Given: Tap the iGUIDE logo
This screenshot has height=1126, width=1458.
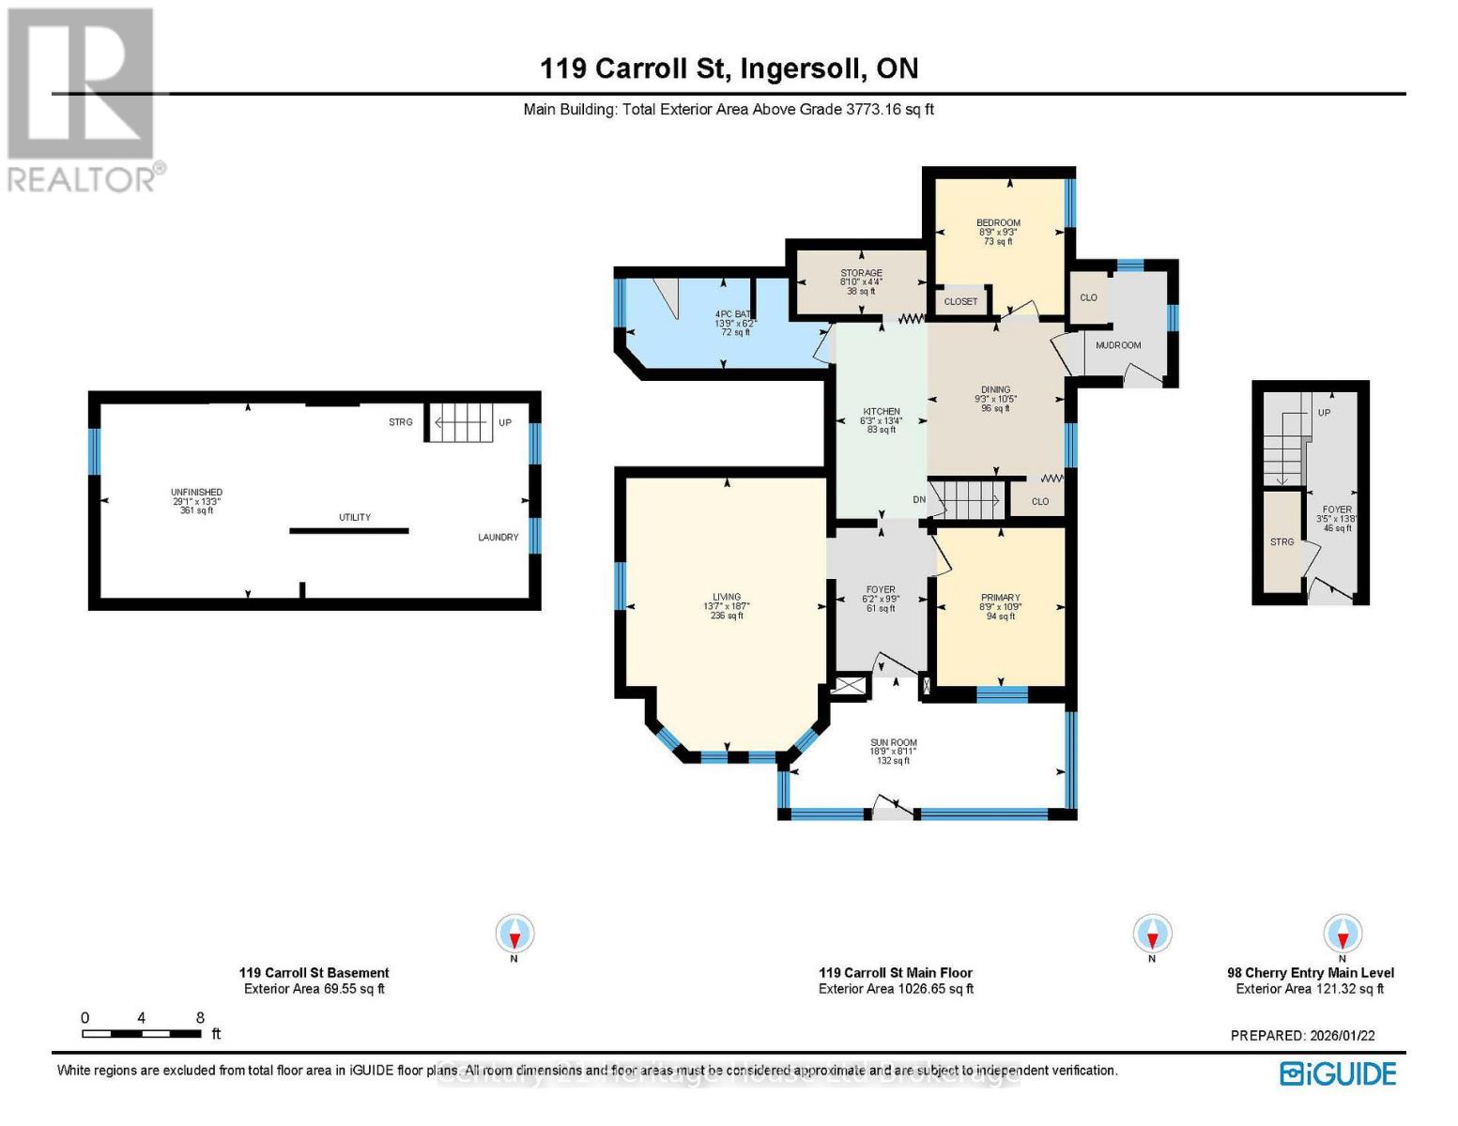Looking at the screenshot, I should pyautogui.click(x=1338, y=1073).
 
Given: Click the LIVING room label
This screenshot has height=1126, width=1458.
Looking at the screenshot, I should pyautogui.click(x=726, y=597).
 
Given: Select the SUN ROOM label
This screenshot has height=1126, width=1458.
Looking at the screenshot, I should pyautogui.click(x=893, y=742).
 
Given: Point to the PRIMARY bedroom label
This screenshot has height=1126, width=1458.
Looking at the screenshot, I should pyautogui.click(x=1000, y=598).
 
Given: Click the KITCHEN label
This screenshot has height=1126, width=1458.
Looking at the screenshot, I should pyautogui.click(x=881, y=412).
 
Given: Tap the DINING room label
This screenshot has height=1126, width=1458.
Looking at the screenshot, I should pyautogui.click(x=995, y=389).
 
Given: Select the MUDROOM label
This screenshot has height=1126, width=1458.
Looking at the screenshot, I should pyautogui.click(x=1117, y=345).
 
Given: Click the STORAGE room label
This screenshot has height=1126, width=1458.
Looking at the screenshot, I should pyautogui.click(x=860, y=273).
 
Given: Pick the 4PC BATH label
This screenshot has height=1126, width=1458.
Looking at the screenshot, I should pyautogui.click(x=733, y=314).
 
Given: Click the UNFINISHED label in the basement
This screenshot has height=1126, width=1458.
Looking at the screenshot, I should pyautogui.click(x=196, y=493).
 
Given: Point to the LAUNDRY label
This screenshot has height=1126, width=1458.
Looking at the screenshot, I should pyautogui.click(x=498, y=538).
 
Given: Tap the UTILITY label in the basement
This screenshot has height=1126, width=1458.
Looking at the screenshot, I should pyautogui.click(x=354, y=518).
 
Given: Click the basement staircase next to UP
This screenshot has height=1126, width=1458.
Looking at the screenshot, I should pyautogui.click(x=460, y=422).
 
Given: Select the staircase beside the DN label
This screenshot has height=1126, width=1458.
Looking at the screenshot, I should pyautogui.click(x=970, y=499).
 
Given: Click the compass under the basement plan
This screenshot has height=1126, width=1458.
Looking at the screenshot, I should pyautogui.click(x=514, y=934).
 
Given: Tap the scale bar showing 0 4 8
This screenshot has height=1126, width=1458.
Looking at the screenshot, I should pyautogui.click(x=141, y=1034).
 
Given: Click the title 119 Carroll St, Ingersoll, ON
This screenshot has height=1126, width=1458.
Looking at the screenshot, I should pyautogui.click(x=729, y=68).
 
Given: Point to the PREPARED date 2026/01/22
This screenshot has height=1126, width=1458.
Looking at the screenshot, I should pyautogui.click(x=1302, y=1036).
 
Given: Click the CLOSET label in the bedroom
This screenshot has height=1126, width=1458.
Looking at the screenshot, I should pyautogui.click(x=960, y=302).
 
